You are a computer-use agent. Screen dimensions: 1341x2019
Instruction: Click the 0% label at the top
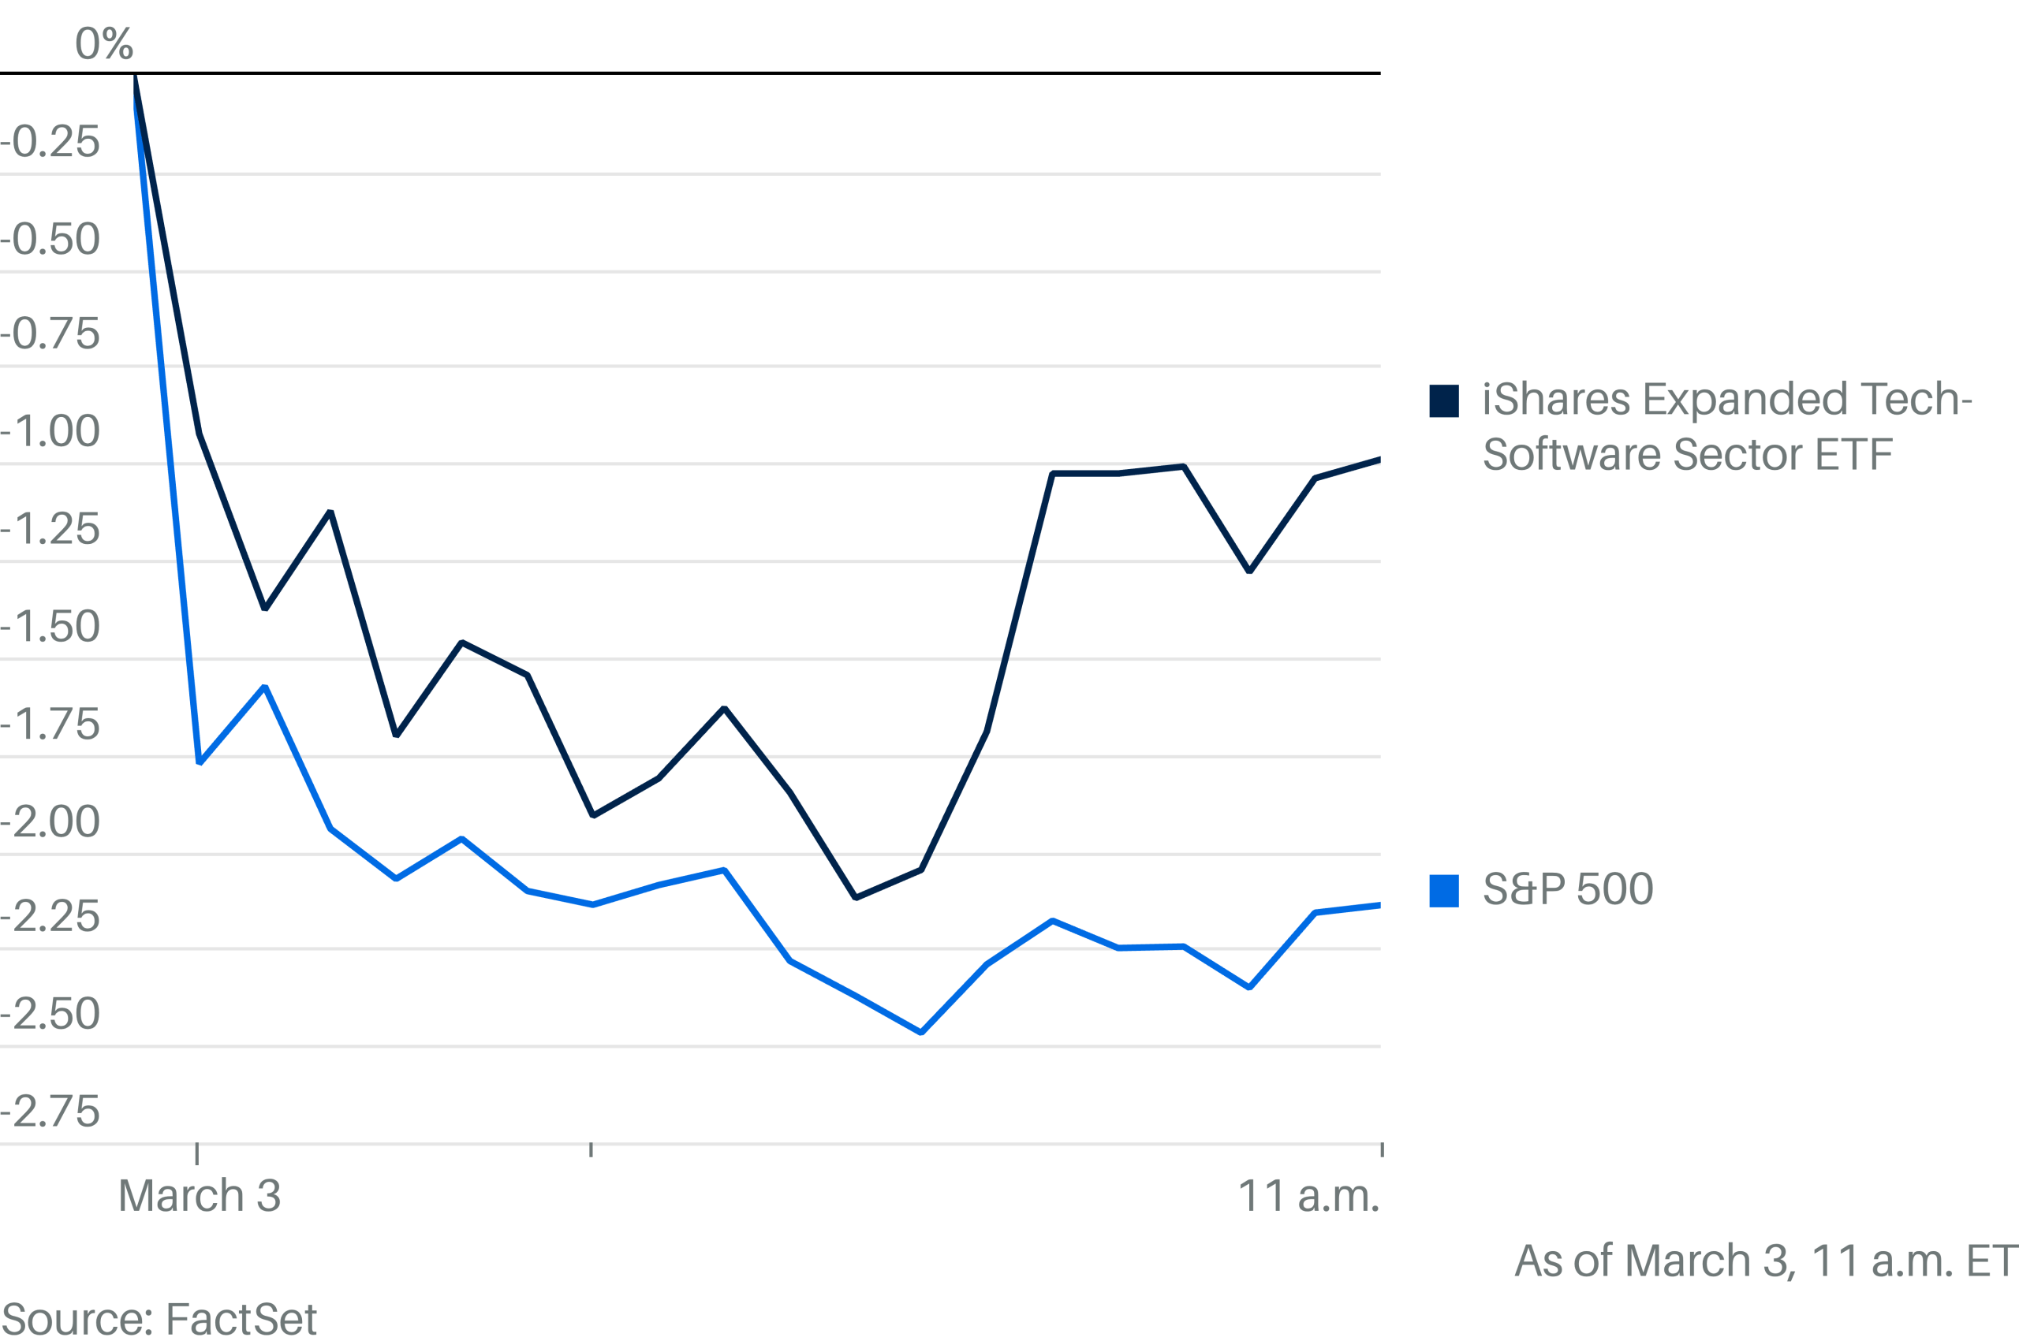103,43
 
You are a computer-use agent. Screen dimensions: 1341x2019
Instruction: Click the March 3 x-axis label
200,1196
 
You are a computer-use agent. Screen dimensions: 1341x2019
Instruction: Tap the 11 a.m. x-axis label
1308,1196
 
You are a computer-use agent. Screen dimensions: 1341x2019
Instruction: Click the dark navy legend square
1443,401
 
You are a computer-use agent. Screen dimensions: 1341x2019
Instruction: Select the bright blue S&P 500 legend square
1443,891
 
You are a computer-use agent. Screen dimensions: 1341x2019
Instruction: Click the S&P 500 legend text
1567,889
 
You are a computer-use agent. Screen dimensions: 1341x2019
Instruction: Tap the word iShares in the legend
1555,400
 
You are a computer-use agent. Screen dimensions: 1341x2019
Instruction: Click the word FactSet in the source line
241,1319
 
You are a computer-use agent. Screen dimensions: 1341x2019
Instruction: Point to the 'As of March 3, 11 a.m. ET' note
1765,1261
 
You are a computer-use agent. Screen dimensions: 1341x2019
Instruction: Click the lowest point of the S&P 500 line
920,1033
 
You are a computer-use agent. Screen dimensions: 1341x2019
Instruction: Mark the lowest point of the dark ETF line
856,898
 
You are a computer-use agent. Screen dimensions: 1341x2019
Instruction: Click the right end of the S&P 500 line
1379,906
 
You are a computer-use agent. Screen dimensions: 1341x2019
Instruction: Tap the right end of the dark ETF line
1379,460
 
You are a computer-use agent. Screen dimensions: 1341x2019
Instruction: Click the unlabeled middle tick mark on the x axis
590,1149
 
